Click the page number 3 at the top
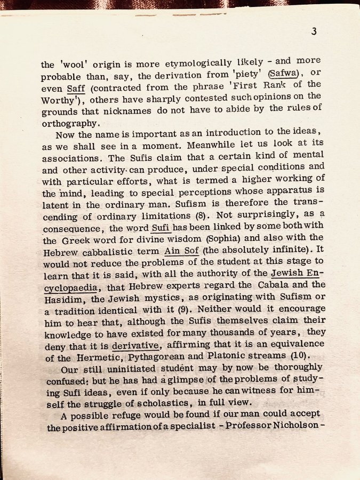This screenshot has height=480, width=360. click(314, 31)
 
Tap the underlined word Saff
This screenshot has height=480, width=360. click(76, 86)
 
